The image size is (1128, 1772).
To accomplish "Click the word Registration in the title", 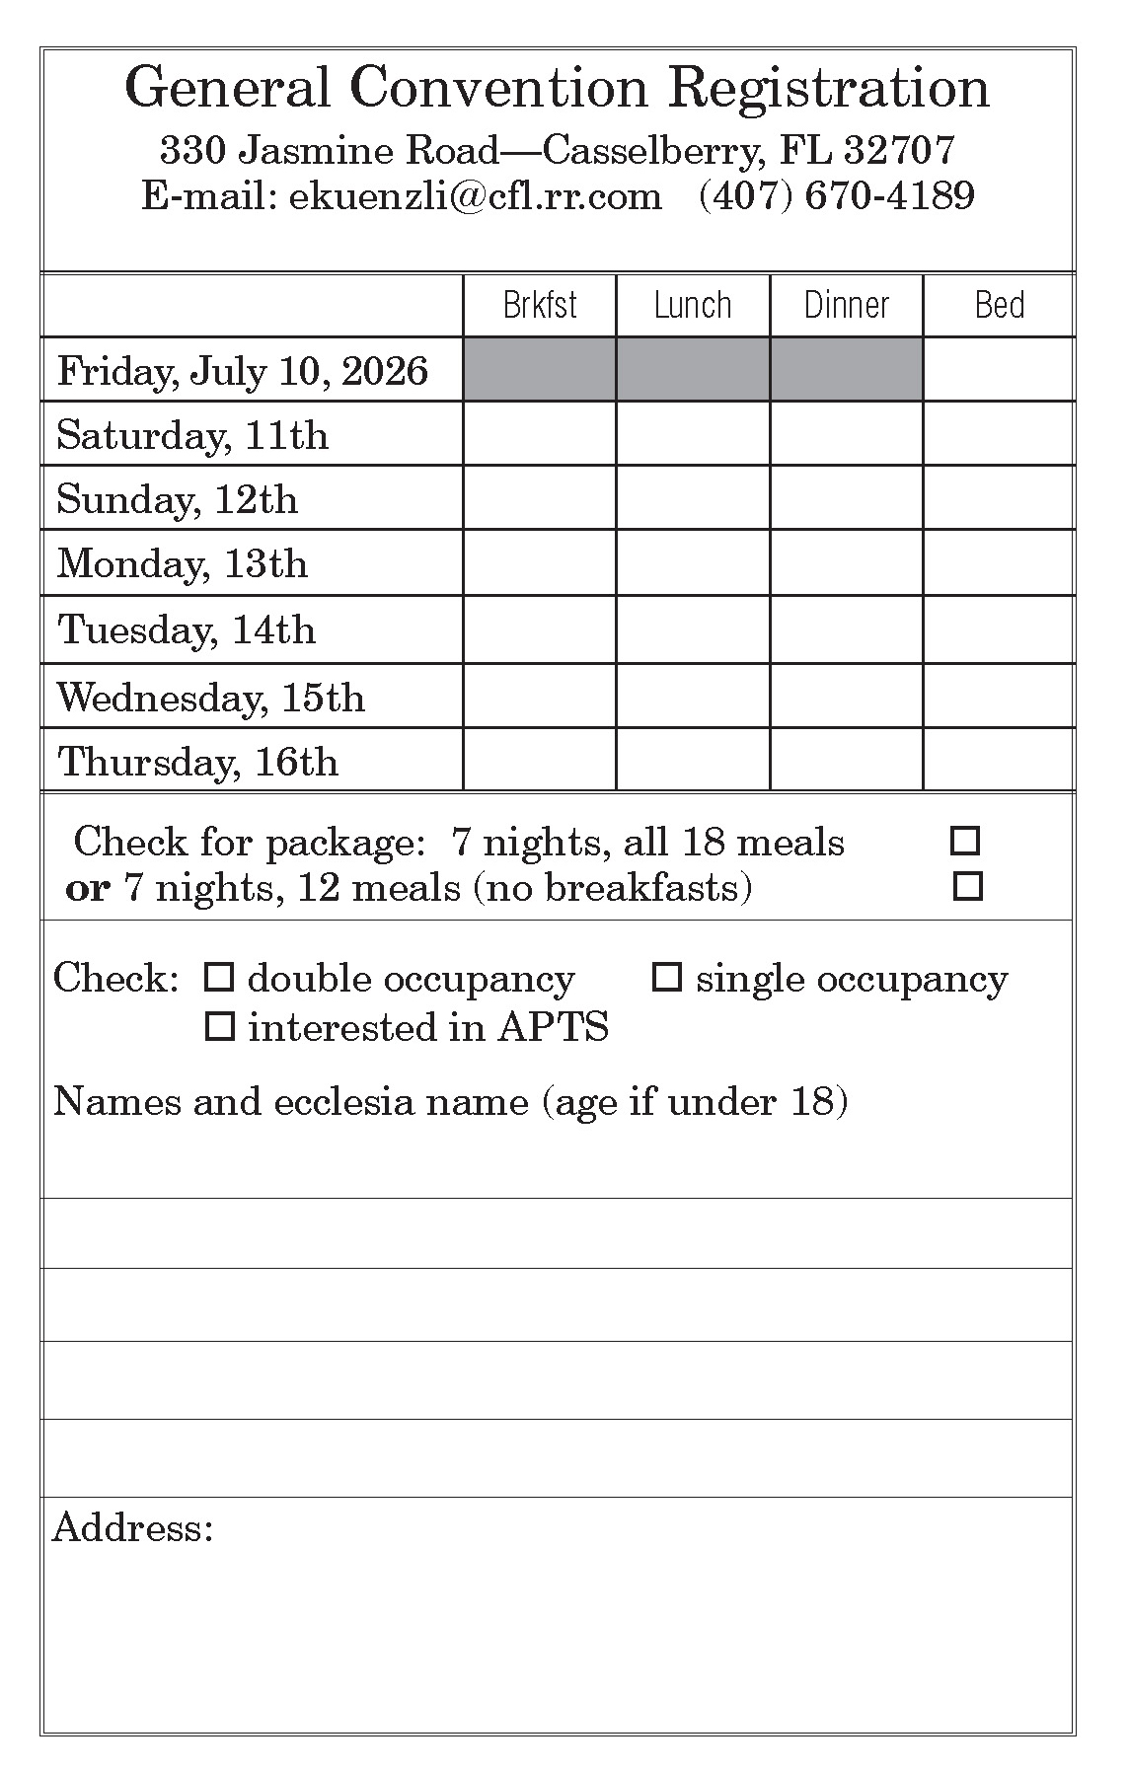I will click(829, 88).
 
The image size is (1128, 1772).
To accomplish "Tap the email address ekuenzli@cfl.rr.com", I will click(476, 195).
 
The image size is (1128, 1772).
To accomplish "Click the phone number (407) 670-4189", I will click(837, 195).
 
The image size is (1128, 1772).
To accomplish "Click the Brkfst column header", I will click(540, 305).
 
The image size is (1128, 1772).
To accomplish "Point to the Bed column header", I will click(999, 305).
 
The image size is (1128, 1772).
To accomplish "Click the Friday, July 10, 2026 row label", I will click(243, 371).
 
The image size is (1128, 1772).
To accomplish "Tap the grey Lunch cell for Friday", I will click(693, 369).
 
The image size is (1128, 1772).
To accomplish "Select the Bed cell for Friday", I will click(999, 369).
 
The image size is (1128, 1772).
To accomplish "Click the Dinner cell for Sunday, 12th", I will click(847, 498).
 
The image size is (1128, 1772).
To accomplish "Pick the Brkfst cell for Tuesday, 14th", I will click(540, 629).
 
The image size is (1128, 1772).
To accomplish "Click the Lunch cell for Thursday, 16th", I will click(693, 760).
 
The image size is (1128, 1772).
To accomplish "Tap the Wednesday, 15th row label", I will click(211, 698).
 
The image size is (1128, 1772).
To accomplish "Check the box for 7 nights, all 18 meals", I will click(964, 842).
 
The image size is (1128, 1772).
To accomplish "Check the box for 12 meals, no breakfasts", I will click(968, 886).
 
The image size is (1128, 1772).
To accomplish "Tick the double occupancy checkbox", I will click(218, 978).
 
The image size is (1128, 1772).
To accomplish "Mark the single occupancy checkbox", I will click(668, 978).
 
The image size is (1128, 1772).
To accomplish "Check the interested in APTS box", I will click(219, 1027).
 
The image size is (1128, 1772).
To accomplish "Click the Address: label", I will click(133, 1528).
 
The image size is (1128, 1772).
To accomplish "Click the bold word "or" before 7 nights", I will click(87, 888).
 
